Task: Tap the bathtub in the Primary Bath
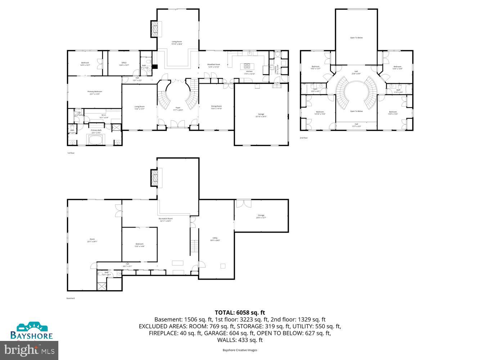tap(95, 140)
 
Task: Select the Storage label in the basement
tap(261, 216)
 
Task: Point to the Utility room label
tap(215, 239)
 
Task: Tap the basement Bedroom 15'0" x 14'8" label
tap(139, 245)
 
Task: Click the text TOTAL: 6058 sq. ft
tap(240, 312)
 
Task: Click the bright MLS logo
tap(30, 349)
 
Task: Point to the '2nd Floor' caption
tap(304, 138)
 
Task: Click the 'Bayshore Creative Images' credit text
tap(240, 350)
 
